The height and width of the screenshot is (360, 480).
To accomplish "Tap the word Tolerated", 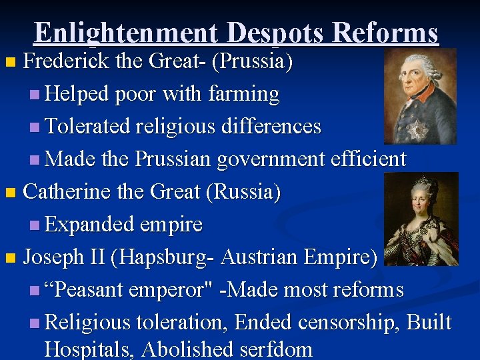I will click(90, 127).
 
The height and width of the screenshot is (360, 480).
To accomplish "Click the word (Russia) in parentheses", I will click(243, 192).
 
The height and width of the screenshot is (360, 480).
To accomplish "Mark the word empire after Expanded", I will click(171, 225).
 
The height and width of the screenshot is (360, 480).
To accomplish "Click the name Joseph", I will click(52, 257).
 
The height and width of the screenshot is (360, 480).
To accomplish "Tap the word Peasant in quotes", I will click(91, 290).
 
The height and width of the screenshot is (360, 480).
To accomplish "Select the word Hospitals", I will click(90, 349).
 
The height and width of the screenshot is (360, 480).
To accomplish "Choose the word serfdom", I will click(281, 349).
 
